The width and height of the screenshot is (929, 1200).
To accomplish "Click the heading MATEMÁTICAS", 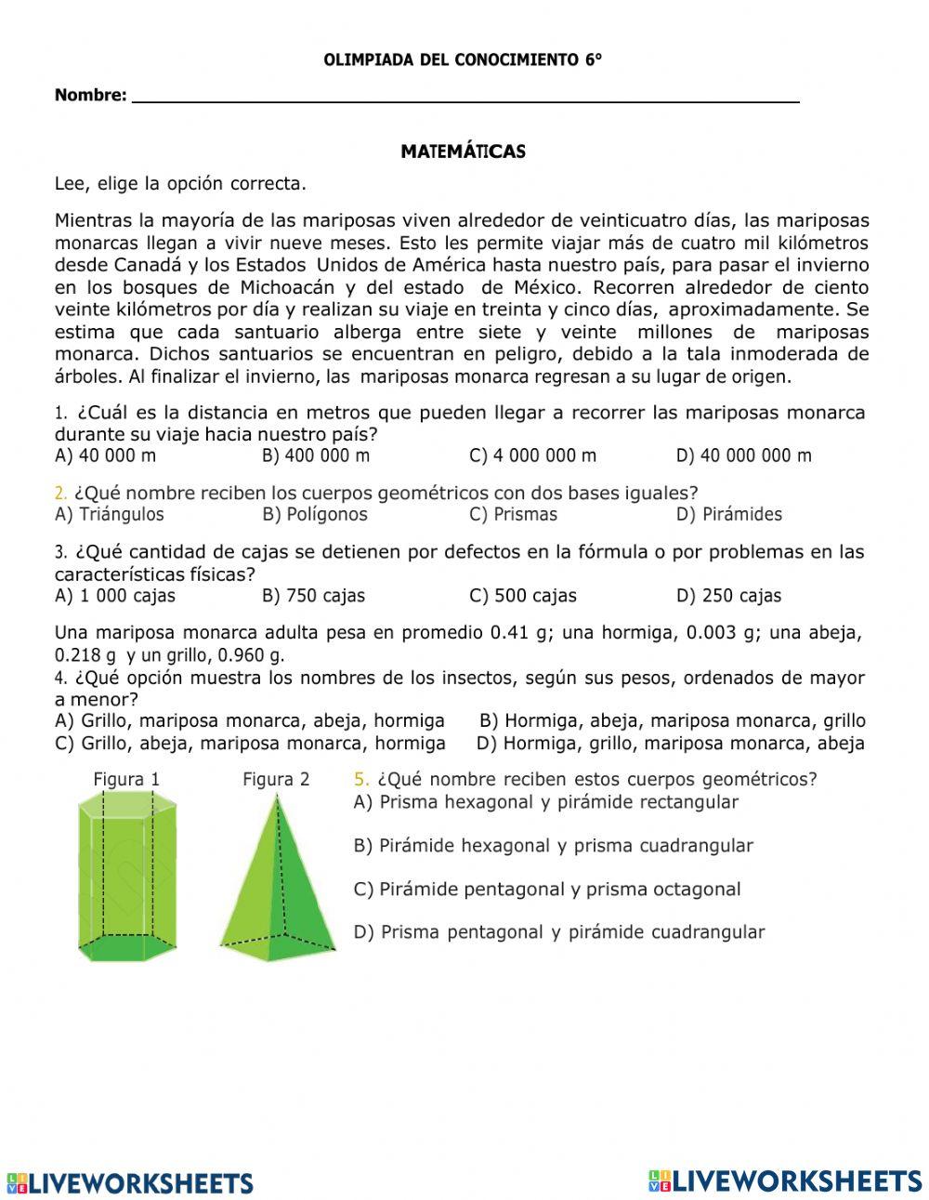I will pyautogui.click(x=463, y=152).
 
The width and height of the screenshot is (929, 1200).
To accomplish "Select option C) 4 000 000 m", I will pyautogui.click(x=533, y=455).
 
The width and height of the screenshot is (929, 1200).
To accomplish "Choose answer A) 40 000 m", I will pyautogui.click(x=106, y=455).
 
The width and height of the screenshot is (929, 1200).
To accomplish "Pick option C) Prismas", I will pyautogui.click(x=513, y=514).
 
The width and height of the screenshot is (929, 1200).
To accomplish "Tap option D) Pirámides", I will pyautogui.click(x=728, y=514).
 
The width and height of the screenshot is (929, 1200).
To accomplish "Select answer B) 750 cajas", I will pyautogui.click(x=313, y=596).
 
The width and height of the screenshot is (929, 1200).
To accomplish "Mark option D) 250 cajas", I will pyautogui.click(x=728, y=596).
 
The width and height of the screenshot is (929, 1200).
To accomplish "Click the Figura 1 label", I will pyautogui.click(x=126, y=779).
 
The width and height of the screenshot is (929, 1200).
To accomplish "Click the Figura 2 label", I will pyautogui.click(x=276, y=779).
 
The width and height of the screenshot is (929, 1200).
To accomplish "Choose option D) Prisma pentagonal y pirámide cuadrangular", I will pyautogui.click(x=558, y=932).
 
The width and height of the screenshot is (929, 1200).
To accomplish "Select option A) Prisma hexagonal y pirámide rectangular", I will pyautogui.click(x=545, y=802).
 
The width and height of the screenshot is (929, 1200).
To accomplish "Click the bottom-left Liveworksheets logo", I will pyautogui.click(x=130, y=1182).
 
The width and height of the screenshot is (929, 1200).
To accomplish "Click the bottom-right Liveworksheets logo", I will pyautogui.click(x=785, y=1180).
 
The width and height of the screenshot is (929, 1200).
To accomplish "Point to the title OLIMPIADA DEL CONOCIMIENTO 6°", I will pyautogui.click(x=463, y=60).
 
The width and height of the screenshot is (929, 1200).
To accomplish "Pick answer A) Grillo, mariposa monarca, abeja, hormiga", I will pyautogui.click(x=250, y=720).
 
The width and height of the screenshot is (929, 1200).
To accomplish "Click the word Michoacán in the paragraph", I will pyautogui.click(x=288, y=287).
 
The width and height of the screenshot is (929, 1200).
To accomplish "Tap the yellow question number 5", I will pyautogui.click(x=361, y=779).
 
